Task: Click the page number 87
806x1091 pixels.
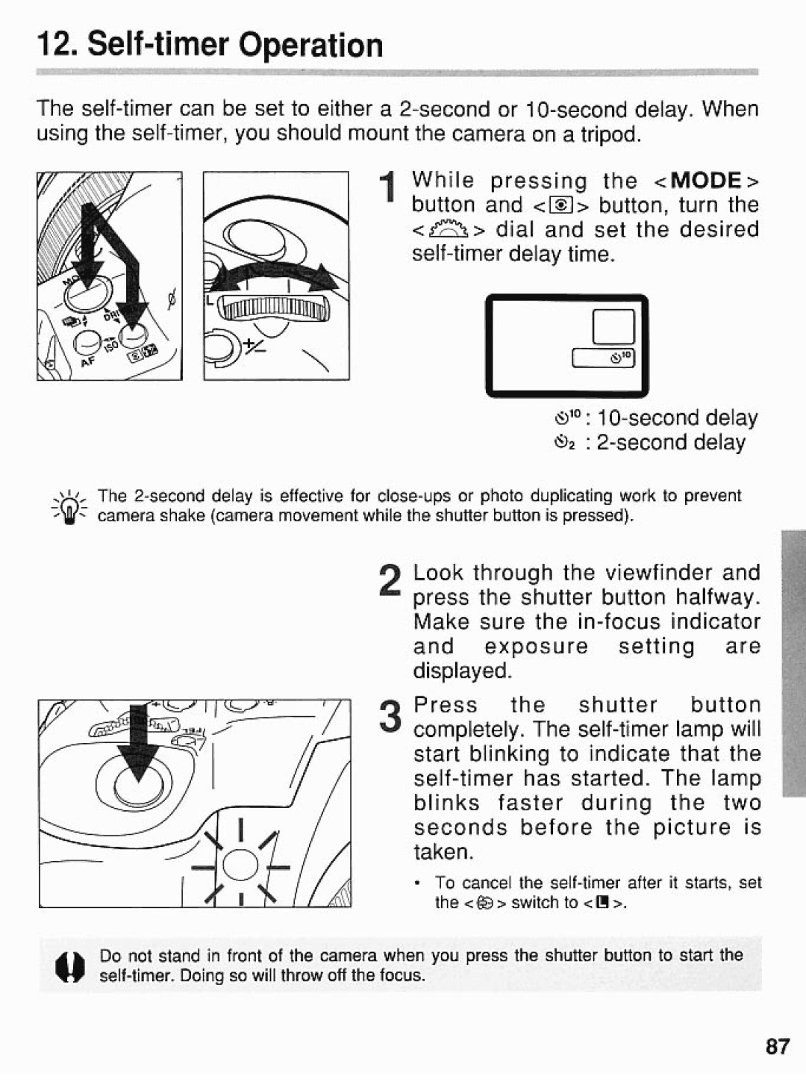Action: pyautogui.click(x=776, y=1046)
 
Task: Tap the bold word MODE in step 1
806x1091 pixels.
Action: pyautogui.click(x=705, y=181)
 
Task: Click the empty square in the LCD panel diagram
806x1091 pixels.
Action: pyautogui.click(x=613, y=326)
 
